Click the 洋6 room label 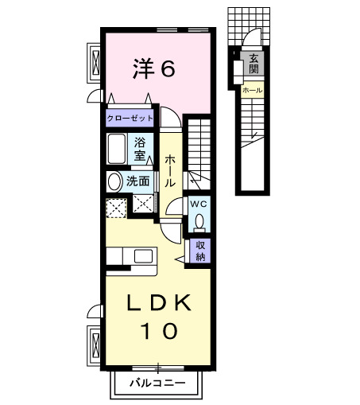tap(153, 69)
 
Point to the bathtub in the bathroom tap(117, 149)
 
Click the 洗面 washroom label tap(137, 181)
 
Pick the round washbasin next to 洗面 tap(114, 181)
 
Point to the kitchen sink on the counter tap(145, 256)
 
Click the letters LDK tap(158, 303)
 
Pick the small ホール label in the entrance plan tap(250, 91)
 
